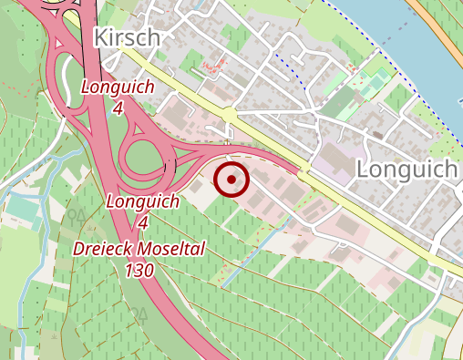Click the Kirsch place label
[127, 37]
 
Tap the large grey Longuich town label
[406, 169]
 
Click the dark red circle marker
[232, 180]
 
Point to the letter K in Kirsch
[100, 37]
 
